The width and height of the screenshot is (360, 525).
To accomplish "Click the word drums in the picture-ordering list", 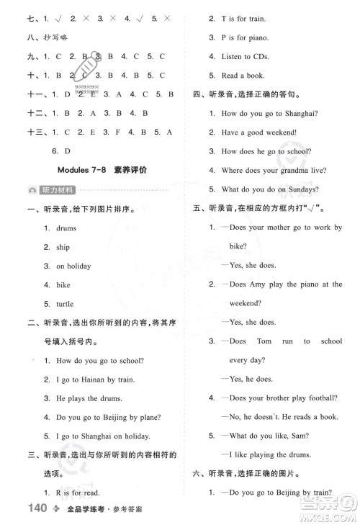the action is [66, 228].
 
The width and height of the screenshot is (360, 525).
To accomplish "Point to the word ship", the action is [63, 247].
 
